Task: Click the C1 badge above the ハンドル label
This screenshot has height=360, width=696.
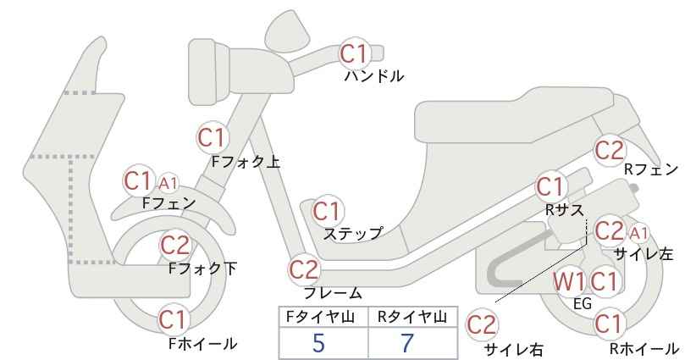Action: pos(354,53)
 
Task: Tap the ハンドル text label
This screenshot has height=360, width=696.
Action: pos(374,76)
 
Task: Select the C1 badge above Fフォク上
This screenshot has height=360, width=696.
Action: pos(213,137)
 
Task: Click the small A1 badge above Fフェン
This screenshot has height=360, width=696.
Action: pos(168,183)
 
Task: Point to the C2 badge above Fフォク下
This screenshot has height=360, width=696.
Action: pos(175,245)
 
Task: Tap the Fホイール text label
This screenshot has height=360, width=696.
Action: pos(203,344)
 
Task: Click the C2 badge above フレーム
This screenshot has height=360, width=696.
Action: pos(305,269)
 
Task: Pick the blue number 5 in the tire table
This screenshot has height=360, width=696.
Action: pos(318,343)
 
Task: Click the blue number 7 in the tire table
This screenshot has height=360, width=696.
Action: pos(406,343)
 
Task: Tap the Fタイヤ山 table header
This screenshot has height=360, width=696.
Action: pos(320,317)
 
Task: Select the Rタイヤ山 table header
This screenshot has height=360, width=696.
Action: pos(412,317)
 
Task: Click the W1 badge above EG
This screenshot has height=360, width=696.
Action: pos(569,281)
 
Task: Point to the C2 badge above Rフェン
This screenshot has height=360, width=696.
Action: pos(610,151)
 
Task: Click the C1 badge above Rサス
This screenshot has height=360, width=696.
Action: pos(550,187)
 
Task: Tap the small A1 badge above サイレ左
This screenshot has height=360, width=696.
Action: pos(638,233)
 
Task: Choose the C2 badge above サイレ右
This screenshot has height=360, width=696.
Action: pos(482,325)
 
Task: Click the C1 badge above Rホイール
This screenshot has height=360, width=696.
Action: pos(608,324)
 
